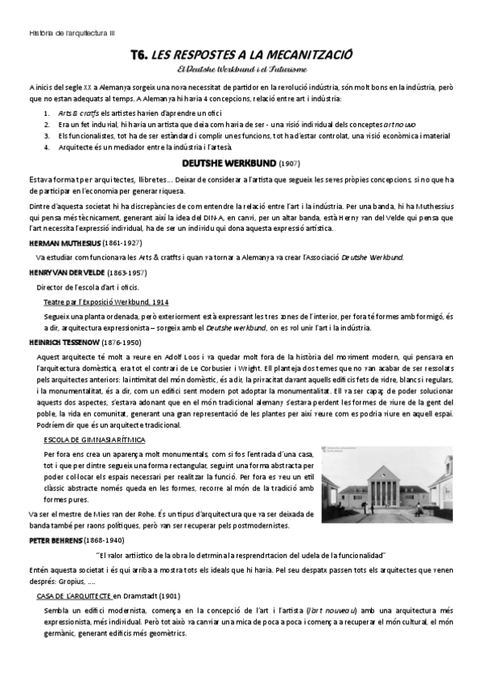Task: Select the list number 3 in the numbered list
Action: click(46, 137)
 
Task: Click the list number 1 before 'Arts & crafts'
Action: click(46, 113)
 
